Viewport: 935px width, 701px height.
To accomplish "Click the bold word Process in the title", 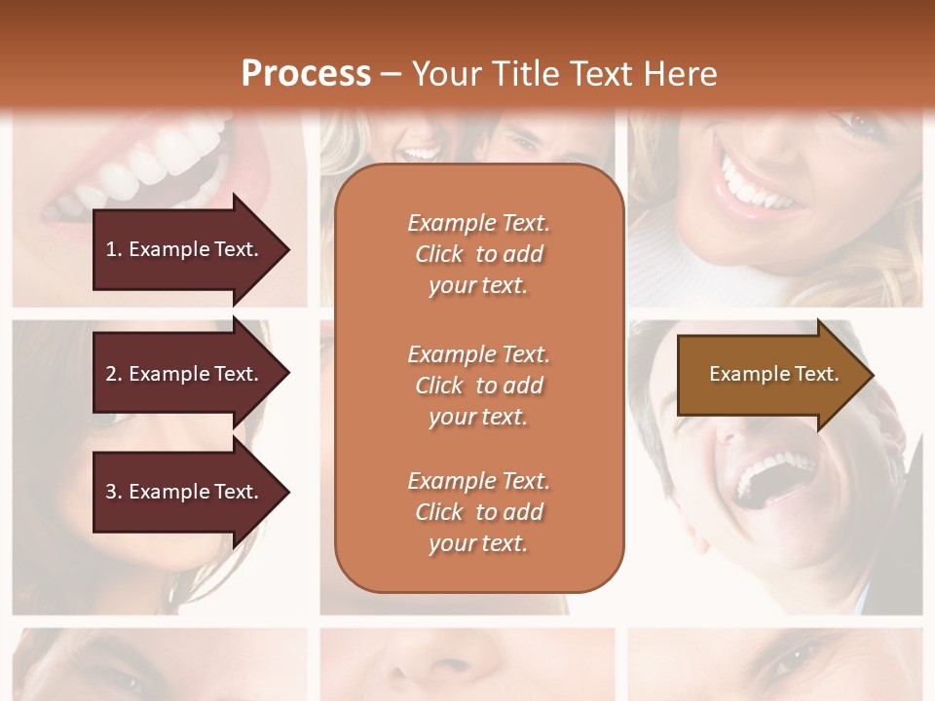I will (306, 74).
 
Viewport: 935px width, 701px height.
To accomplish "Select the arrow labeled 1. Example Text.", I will (185, 249).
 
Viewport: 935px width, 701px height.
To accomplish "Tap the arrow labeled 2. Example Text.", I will (185, 374).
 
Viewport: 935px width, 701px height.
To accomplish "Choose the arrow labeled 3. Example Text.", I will (185, 492).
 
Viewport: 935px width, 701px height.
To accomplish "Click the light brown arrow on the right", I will (769, 374).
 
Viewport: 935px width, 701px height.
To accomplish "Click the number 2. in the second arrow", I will (113, 374).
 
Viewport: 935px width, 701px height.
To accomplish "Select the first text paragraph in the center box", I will (478, 254).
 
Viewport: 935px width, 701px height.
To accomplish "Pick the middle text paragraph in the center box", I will (478, 386).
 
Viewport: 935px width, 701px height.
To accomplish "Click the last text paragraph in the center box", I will (478, 512).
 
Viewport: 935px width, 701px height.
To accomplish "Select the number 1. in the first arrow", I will (113, 249).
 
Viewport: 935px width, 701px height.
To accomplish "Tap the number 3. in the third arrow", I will (113, 492).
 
